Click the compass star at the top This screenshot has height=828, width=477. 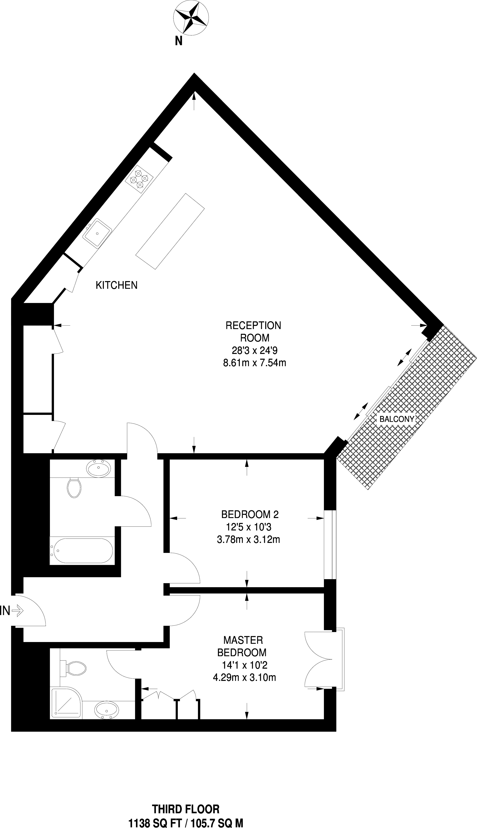(191, 17)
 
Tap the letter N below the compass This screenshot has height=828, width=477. (178, 41)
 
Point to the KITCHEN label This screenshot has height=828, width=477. (117, 285)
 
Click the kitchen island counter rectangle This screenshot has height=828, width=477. (170, 231)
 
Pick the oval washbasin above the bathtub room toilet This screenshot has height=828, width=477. (98, 469)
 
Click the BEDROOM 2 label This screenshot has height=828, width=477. (250, 514)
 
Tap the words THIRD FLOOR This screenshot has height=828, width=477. (186, 807)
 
